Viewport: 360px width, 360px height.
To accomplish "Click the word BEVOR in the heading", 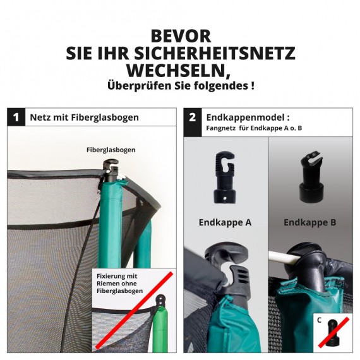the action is click(181, 36).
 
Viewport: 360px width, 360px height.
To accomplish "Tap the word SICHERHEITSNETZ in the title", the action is click(215, 53).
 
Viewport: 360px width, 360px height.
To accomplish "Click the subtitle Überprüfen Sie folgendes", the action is click(181, 86).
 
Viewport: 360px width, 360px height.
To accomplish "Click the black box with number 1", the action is click(16, 117).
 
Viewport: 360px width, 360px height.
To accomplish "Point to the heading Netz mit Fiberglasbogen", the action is click(84, 117).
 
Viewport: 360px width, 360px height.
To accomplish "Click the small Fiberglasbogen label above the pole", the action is click(111, 150).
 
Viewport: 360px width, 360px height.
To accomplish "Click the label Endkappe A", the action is click(225, 222).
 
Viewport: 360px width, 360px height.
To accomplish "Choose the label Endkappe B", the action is click(309, 222).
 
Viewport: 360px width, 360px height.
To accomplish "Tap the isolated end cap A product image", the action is click(225, 177).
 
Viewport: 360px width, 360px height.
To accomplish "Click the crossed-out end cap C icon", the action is click(333, 332).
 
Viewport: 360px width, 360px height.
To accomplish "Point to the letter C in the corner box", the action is click(319, 320).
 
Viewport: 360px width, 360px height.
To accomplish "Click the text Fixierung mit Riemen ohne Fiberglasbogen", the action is click(119, 284).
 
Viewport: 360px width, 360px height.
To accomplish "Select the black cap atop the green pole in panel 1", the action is click(111, 171).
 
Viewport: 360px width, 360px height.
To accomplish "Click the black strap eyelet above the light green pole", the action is click(160, 301).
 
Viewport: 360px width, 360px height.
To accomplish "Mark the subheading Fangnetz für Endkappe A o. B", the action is click(254, 128).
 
